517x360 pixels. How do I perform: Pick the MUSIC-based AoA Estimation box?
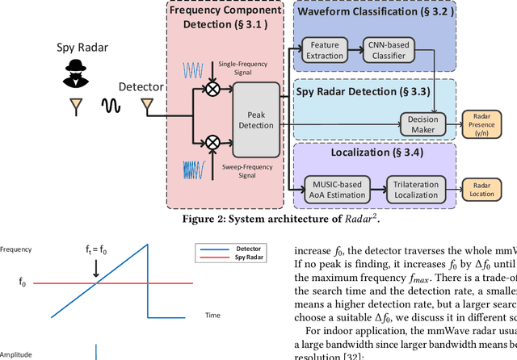point(334,190)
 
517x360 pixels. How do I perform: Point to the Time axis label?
point(212,315)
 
